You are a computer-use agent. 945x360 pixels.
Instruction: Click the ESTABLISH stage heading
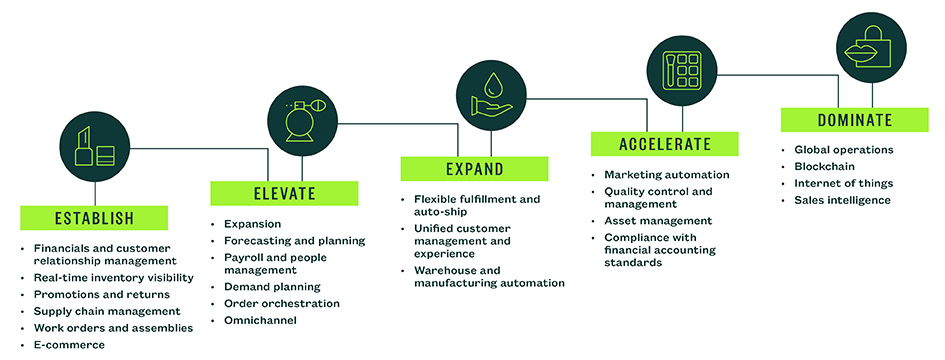pyautogui.click(x=94, y=217)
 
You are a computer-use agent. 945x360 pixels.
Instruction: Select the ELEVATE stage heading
pyautogui.click(x=284, y=193)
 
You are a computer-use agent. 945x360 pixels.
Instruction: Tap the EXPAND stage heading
pyautogui.click(x=474, y=168)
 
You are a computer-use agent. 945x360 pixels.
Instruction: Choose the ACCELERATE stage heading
pyautogui.click(x=664, y=143)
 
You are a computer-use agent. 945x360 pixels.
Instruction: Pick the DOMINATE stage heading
pyautogui.click(x=854, y=119)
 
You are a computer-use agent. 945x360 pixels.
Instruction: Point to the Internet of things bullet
pyautogui.click(x=843, y=183)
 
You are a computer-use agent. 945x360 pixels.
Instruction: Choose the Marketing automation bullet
pyautogui.click(x=666, y=174)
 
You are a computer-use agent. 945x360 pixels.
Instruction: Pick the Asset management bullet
pyautogui.click(x=658, y=220)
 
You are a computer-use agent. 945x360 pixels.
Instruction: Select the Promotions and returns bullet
pyautogui.click(x=101, y=294)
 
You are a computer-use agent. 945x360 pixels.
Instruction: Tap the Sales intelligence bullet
pyautogui.click(x=842, y=200)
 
